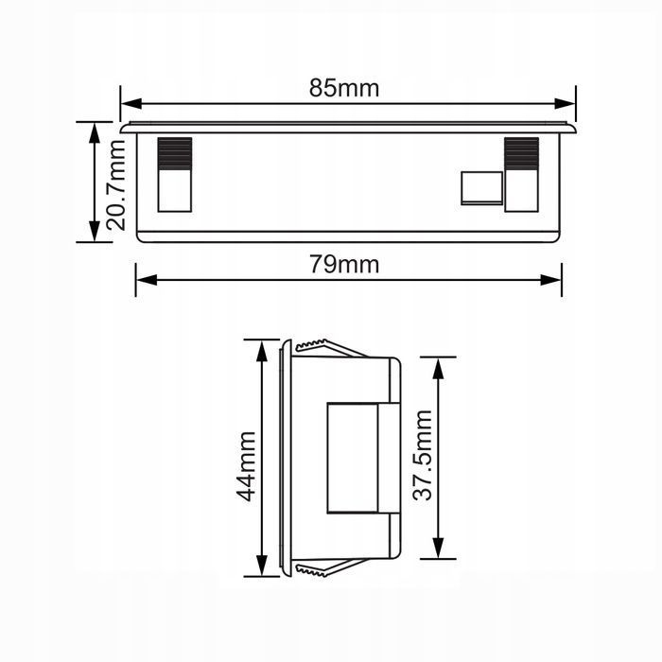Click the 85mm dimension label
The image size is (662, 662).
[344, 88]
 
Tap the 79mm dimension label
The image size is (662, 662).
[344, 265]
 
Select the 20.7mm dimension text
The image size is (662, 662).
[116, 185]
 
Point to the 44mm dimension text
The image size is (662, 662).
[245, 465]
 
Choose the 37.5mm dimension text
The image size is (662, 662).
[422, 455]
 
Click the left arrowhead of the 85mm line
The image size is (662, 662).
[130, 103]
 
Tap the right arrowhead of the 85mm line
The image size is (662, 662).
[567, 103]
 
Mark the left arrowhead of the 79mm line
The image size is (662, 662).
[145, 279]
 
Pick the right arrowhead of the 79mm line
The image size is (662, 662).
[552, 279]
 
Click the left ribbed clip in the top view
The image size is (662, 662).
[174, 174]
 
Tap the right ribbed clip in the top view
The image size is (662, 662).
[521, 174]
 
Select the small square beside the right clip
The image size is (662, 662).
[481, 187]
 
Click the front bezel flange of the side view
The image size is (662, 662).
[284, 457]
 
